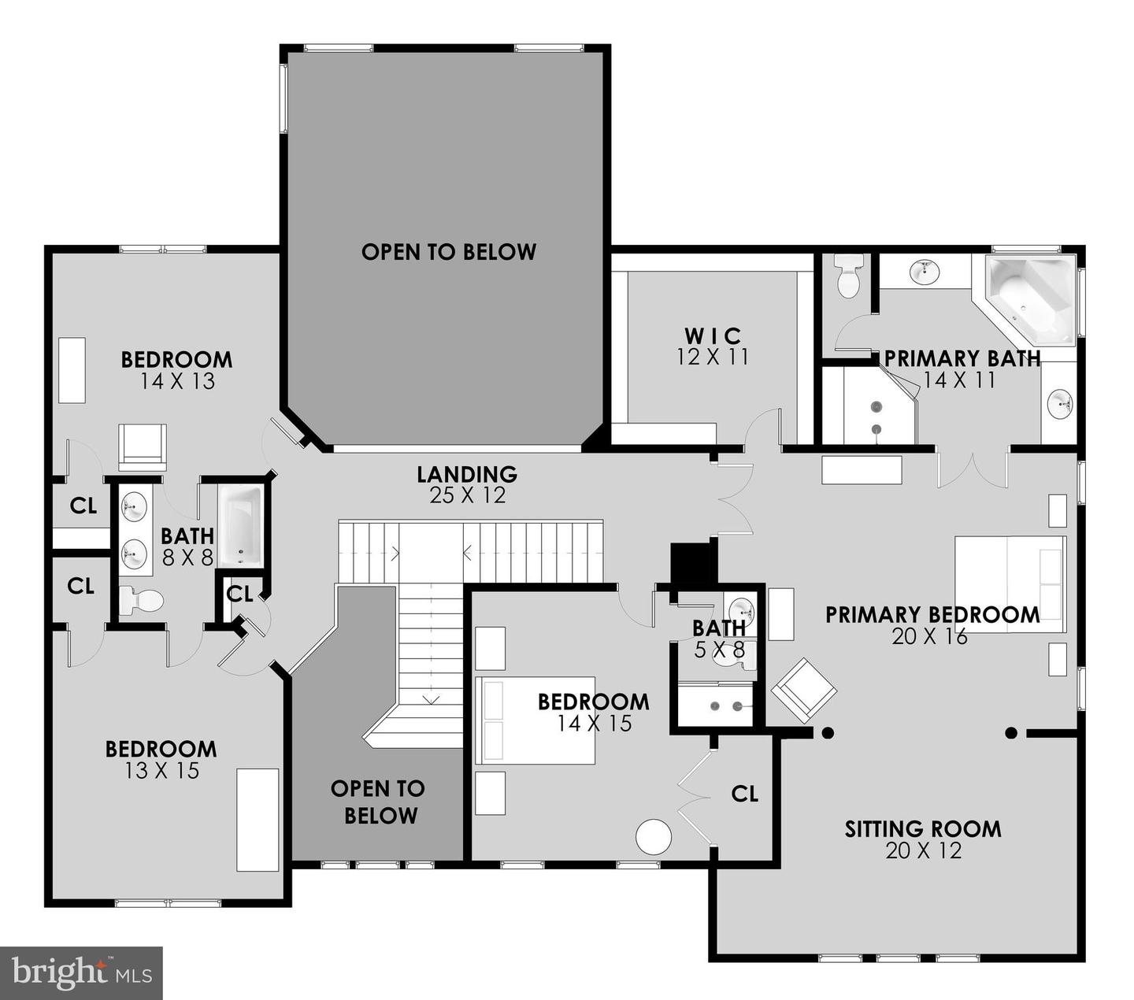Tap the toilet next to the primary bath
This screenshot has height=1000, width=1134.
tap(848, 276)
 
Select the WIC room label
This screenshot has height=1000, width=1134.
tap(713, 336)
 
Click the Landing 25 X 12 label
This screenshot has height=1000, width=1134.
tap(467, 484)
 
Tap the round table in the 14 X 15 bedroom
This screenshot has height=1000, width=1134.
tap(654, 837)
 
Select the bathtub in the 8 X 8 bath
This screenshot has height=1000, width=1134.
tap(240, 525)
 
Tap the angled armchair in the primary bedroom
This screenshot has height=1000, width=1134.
tap(803, 690)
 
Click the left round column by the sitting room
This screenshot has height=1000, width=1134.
tap(828, 733)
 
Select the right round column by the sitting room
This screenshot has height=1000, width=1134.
tap(1011, 733)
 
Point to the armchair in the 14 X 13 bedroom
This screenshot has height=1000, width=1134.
tap(143, 446)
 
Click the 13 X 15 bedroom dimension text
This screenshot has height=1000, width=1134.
tap(161, 771)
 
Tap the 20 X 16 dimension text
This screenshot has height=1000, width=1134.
tap(929, 636)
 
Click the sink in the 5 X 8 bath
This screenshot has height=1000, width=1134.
tap(740, 609)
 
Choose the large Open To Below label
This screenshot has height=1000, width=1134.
tap(449, 252)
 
